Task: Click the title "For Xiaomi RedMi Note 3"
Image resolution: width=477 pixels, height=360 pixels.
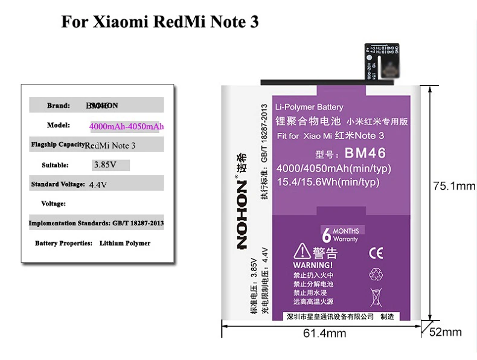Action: pos(159,22)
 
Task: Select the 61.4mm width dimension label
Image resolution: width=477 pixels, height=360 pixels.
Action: pos(322,333)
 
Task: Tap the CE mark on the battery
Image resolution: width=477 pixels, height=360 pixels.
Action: pos(375,253)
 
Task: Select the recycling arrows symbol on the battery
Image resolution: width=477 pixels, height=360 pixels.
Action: pos(376,273)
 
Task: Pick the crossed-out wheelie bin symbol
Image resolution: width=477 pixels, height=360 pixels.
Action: pos(375,296)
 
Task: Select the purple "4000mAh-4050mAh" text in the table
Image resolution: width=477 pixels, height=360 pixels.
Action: pos(127,126)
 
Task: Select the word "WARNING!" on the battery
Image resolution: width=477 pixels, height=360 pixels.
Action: pos(312,265)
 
